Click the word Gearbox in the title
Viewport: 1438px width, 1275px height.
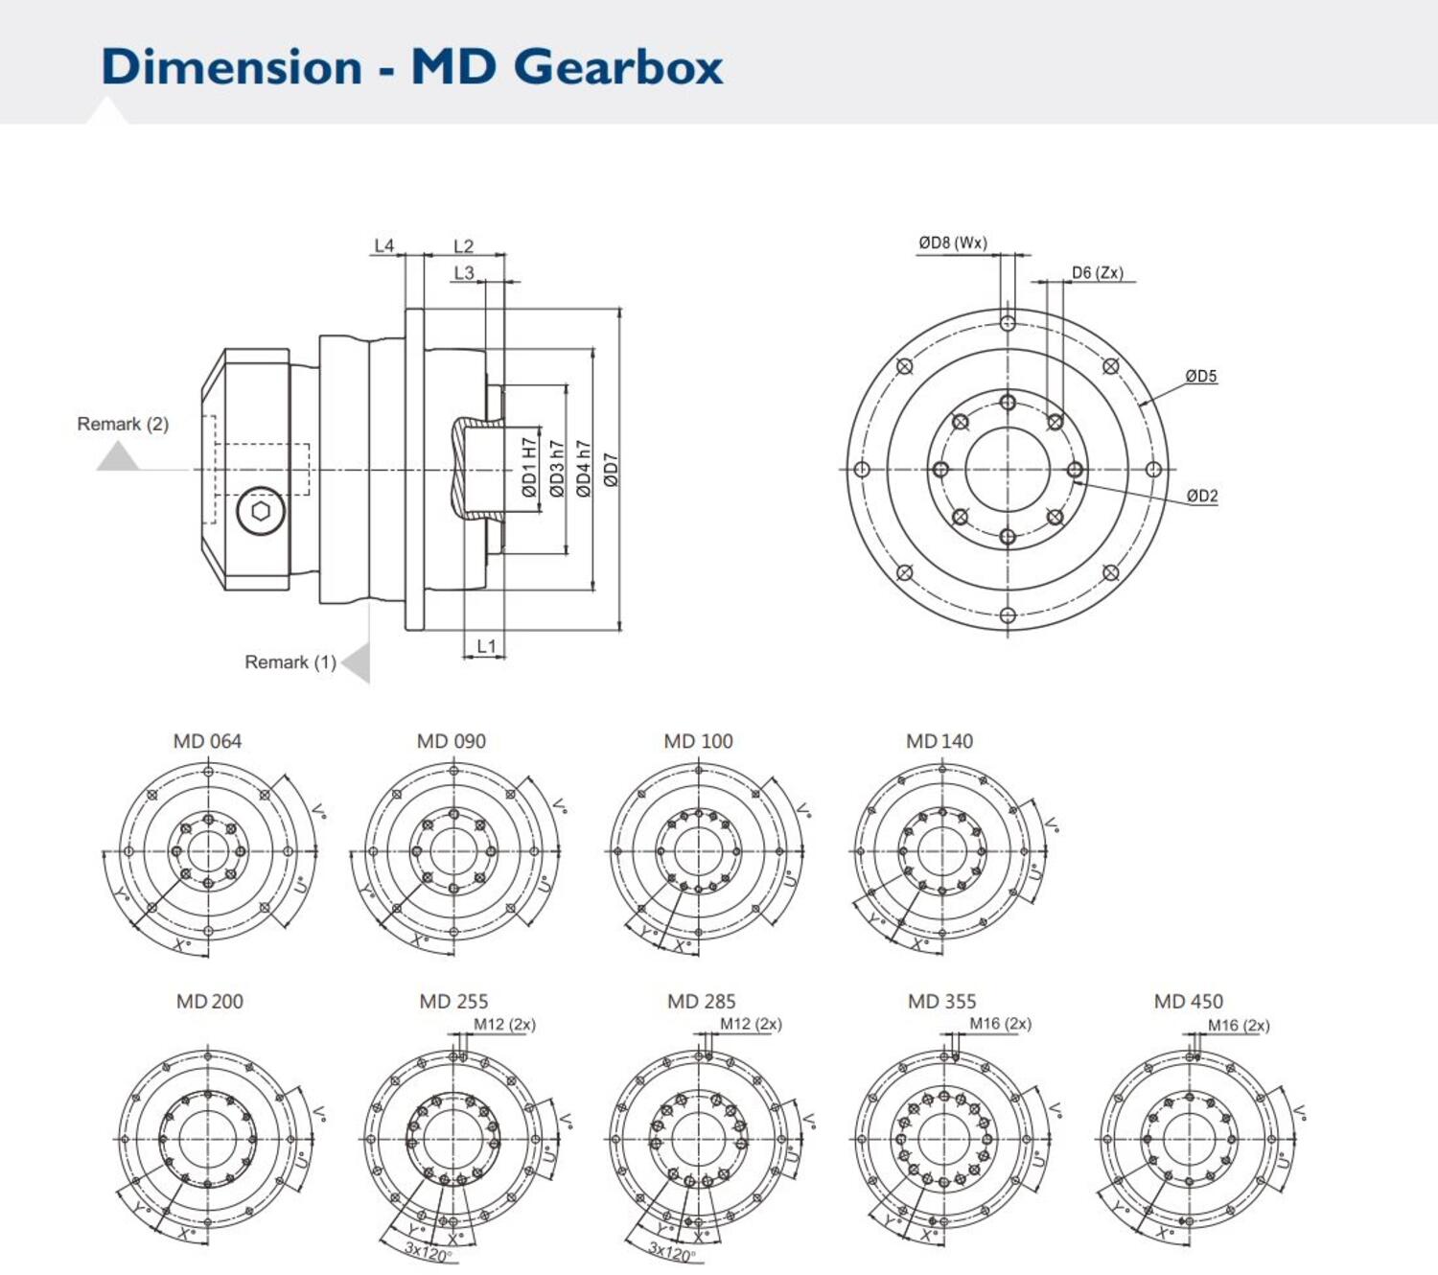[x=618, y=67]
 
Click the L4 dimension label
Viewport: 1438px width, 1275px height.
[x=383, y=246]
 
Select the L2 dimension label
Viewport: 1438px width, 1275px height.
[x=463, y=246]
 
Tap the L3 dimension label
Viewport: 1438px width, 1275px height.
[x=464, y=273]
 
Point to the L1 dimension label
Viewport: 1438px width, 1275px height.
[x=486, y=647]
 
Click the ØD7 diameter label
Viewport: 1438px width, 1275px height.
[x=612, y=470]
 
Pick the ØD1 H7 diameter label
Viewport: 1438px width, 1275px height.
[x=529, y=468]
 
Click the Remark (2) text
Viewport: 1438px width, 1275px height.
[x=123, y=424]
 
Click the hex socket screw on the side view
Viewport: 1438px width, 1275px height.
[x=261, y=511]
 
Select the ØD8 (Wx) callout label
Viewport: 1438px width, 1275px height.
[x=952, y=243]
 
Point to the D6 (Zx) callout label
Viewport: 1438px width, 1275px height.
[x=1097, y=273]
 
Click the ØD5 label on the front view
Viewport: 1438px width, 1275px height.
[x=1200, y=376]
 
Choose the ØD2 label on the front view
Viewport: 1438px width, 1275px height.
[x=1201, y=496]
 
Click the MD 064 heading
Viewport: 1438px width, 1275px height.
[x=207, y=741]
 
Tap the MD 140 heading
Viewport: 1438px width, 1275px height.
[x=939, y=741]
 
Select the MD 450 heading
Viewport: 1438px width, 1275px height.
[x=1188, y=1002]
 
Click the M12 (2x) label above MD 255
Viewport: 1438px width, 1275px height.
[x=504, y=1025]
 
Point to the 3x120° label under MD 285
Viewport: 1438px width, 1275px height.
[x=671, y=1253]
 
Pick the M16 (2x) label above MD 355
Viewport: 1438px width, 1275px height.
[x=1000, y=1024]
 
